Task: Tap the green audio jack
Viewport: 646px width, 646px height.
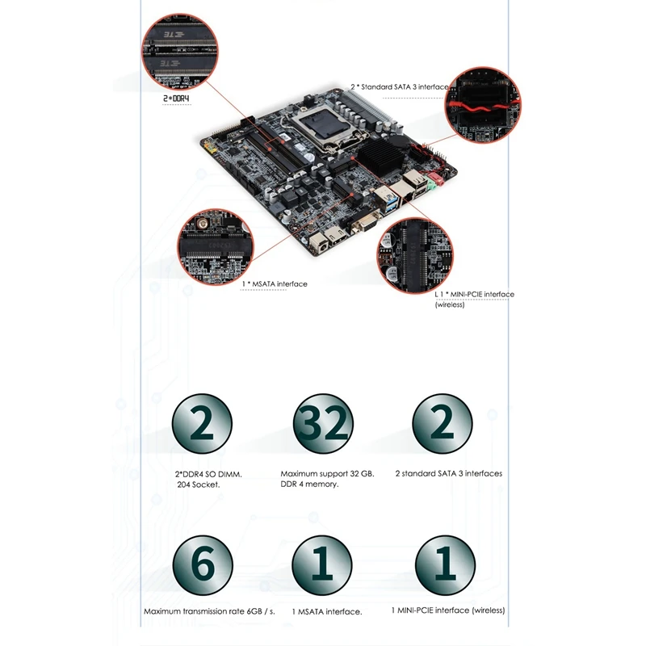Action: [433, 183]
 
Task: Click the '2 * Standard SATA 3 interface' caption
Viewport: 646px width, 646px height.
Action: [399, 86]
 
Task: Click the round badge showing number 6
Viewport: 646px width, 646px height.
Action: [202, 563]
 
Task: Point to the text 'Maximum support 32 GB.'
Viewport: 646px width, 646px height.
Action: [320, 473]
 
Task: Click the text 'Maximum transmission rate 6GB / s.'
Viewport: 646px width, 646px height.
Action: [209, 612]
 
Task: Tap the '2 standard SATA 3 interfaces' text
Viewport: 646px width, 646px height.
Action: [448, 473]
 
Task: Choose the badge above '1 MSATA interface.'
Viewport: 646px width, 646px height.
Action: [322, 563]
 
